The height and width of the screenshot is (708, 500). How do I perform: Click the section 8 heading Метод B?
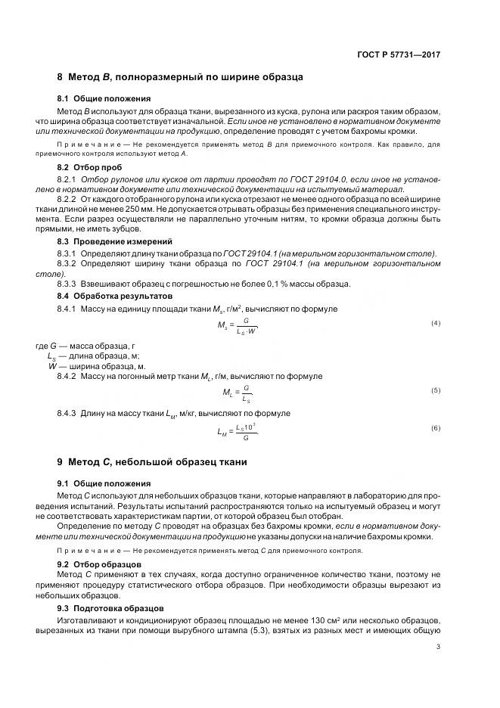[180, 77]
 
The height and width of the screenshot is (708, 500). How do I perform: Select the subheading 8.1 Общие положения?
[104, 98]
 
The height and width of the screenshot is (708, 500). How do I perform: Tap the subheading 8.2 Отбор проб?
[89, 166]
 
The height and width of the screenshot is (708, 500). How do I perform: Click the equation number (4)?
[436, 323]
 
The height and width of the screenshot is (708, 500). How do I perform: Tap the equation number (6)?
[436, 428]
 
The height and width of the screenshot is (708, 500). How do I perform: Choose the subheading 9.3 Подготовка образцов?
[110, 608]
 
